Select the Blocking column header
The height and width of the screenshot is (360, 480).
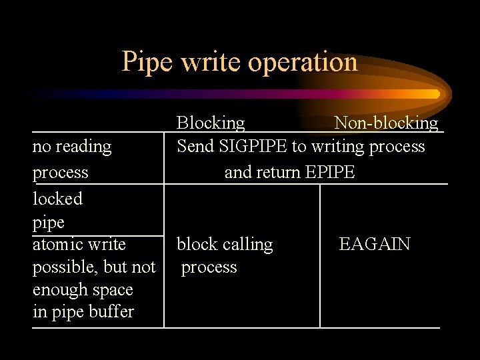pos(211,123)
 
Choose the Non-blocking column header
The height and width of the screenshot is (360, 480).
pos(386,123)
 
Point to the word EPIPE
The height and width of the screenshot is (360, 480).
pos(330,173)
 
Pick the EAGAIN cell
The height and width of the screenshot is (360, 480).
pos(375,244)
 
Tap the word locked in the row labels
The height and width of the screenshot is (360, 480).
pos(57,199)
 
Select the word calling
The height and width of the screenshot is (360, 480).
pos(248,245)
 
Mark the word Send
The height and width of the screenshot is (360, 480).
pos(193,147)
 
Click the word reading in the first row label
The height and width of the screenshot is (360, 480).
pos(83,147)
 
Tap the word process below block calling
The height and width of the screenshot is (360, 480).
pos(209,267)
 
